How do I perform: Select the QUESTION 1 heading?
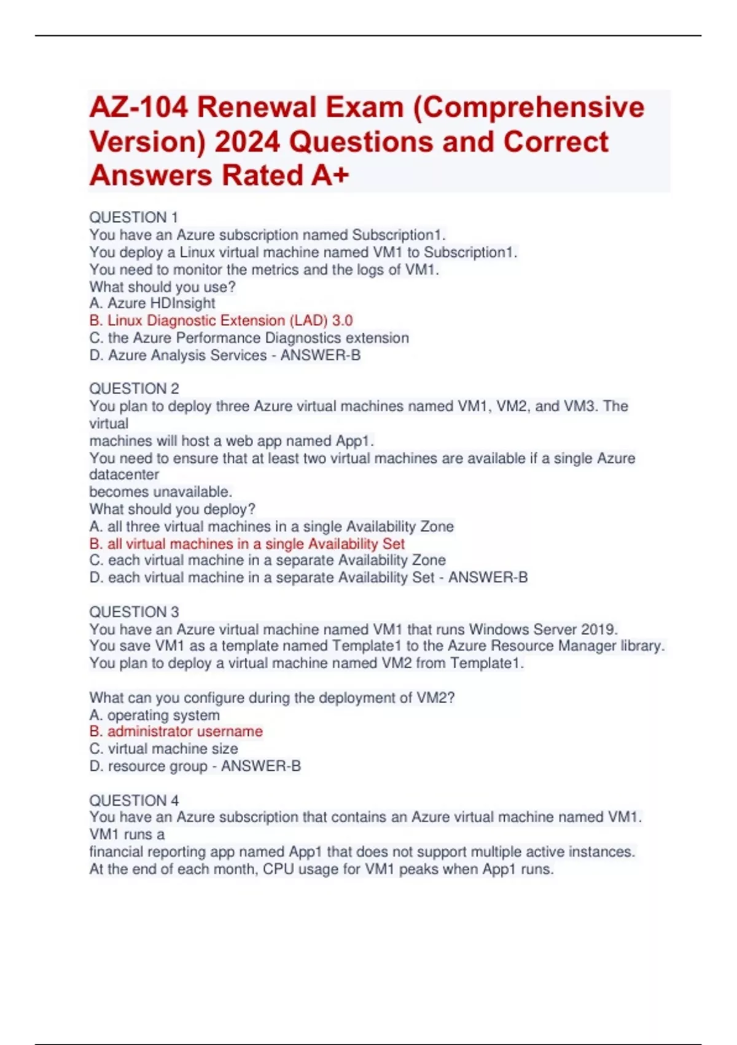(133, 218)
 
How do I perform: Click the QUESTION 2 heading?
(134, 388)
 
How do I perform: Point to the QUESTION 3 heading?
(134, 612)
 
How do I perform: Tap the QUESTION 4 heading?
(134, 800)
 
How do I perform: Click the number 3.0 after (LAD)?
(342, 320)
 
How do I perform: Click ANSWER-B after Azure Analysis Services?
(321, 355)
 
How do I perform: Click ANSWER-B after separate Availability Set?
(488, 578)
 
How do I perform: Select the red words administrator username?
(185, 731)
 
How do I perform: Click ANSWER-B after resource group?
(261, 766)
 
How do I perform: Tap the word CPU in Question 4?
(278, 869)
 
